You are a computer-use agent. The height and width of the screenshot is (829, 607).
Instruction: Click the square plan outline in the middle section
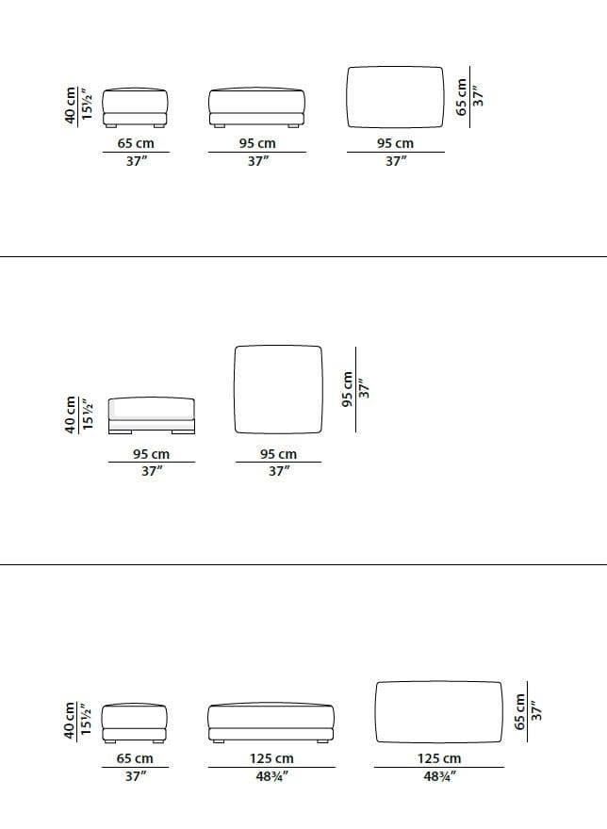click(235, 390)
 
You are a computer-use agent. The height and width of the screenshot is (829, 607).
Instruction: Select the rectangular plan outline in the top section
click(348, 97)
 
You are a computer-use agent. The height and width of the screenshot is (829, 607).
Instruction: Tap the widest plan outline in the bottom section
click(376, 711)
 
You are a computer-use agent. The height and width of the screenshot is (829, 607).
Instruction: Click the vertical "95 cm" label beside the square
click(347, 389)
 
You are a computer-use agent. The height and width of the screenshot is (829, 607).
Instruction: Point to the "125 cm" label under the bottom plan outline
click(438, 758)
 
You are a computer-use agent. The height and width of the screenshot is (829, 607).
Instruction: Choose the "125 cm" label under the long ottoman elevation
click(271, 758)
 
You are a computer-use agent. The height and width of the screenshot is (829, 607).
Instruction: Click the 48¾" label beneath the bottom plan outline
click(439, 776)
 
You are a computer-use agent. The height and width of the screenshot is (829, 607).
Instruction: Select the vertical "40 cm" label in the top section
click(70, 106)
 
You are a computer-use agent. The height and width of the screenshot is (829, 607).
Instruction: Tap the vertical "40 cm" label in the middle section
click(70, 415)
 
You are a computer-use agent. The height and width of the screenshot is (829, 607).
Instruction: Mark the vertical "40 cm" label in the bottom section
click(70, 720)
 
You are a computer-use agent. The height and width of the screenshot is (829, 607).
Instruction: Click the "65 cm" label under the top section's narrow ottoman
click(136, 143)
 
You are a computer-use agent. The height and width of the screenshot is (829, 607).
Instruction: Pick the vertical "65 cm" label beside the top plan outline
click(462, 97)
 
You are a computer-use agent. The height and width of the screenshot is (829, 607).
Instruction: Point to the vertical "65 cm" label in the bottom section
click(519, 711)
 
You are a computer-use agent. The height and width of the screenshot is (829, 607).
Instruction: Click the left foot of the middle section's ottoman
click(120, 432)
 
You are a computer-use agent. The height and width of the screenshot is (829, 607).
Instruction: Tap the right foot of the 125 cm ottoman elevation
click(321, 741)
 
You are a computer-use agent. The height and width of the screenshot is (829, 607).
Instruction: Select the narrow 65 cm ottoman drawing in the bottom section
click(135, 723)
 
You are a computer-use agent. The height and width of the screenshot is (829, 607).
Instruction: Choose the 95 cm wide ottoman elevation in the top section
click(257, 107)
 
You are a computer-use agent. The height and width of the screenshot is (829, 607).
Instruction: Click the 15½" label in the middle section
click(87, 415)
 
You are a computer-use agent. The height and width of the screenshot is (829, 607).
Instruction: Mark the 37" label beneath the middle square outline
click(278, 470)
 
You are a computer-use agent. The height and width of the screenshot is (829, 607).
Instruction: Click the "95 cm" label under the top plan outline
click(395, 143)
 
